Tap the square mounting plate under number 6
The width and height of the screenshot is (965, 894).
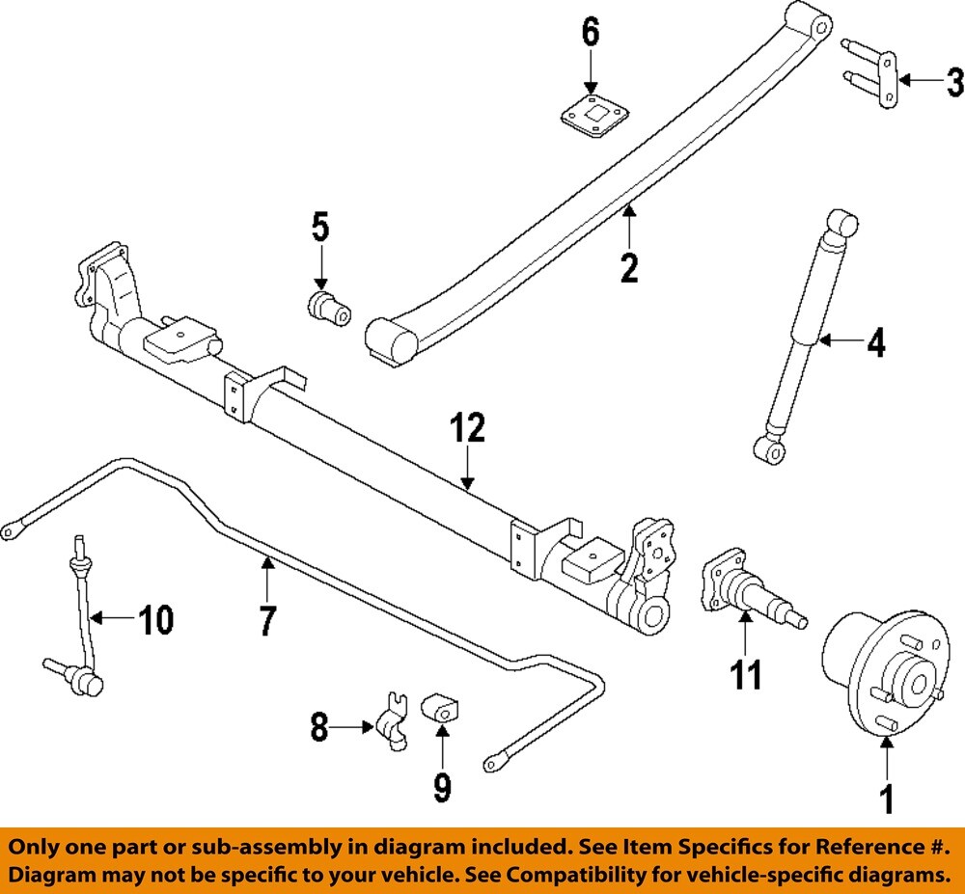[x=591, y=122]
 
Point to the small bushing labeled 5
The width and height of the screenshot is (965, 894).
[x=328, y=308]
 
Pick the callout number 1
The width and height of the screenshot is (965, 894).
[x=886, y=798]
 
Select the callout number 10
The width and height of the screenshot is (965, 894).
[x=153, y=619]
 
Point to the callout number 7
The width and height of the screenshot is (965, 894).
[x=266, y=619]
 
